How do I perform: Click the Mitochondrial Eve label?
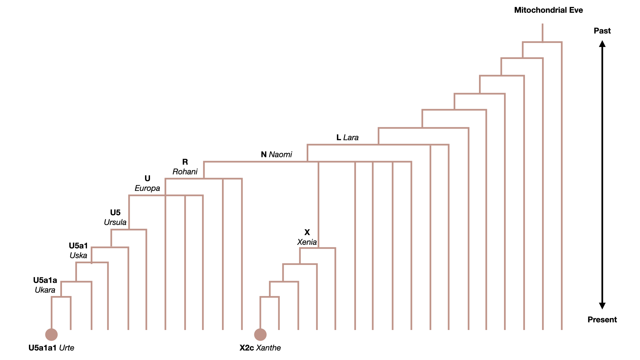coord(548,10)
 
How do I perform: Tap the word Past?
coord(602,31)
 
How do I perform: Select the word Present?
coord(602,320)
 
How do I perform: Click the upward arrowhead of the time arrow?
coord(602,44)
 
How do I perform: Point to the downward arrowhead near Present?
coord(602,306)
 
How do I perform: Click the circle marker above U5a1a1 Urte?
coord(51,334)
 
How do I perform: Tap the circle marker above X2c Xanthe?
coord(260,334)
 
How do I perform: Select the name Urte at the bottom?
coord(67,348)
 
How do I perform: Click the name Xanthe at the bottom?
coord(268,348)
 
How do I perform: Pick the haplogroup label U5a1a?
coord(45,280)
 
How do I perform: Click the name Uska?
coord(78,255)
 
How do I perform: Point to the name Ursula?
coord(115,222)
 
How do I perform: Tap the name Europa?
coord(147,188)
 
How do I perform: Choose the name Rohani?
coord(185,172)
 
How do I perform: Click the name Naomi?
coord(280,154)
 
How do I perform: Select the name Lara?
coord(351,137)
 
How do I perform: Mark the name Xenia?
coord(307,242)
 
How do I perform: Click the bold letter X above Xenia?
coord(307,232)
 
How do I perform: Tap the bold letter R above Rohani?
coord(185,162)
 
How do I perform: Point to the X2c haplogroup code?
coord(247,348)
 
